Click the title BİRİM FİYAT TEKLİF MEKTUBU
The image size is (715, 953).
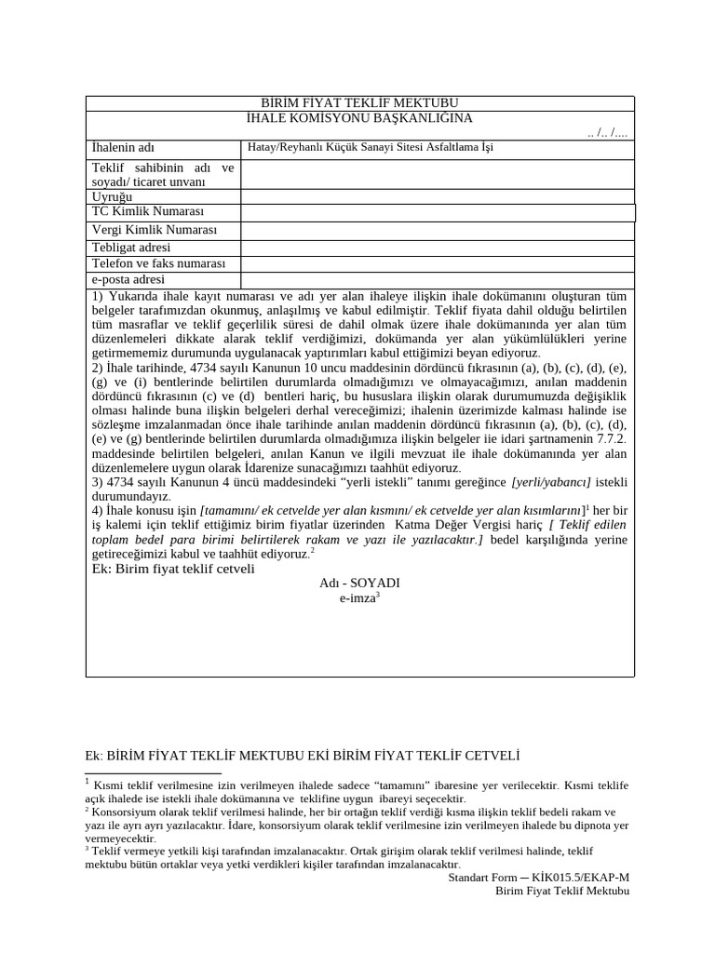[359, 103]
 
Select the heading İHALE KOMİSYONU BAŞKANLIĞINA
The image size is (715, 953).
[359, 118]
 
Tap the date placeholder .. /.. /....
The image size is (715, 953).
[607, 133]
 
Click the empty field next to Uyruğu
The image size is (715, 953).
[438, 197]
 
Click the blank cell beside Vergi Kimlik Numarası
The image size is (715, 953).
[438, 230]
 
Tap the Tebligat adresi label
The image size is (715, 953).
[131, 248]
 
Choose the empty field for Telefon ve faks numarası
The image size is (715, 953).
[438, 264]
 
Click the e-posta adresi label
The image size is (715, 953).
[128, 280]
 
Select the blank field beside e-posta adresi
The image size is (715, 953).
[438, 280]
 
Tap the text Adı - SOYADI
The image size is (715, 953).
[359, 583]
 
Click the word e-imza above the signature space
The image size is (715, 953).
[357, 599]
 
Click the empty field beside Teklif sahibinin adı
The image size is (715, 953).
[438, 174]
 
